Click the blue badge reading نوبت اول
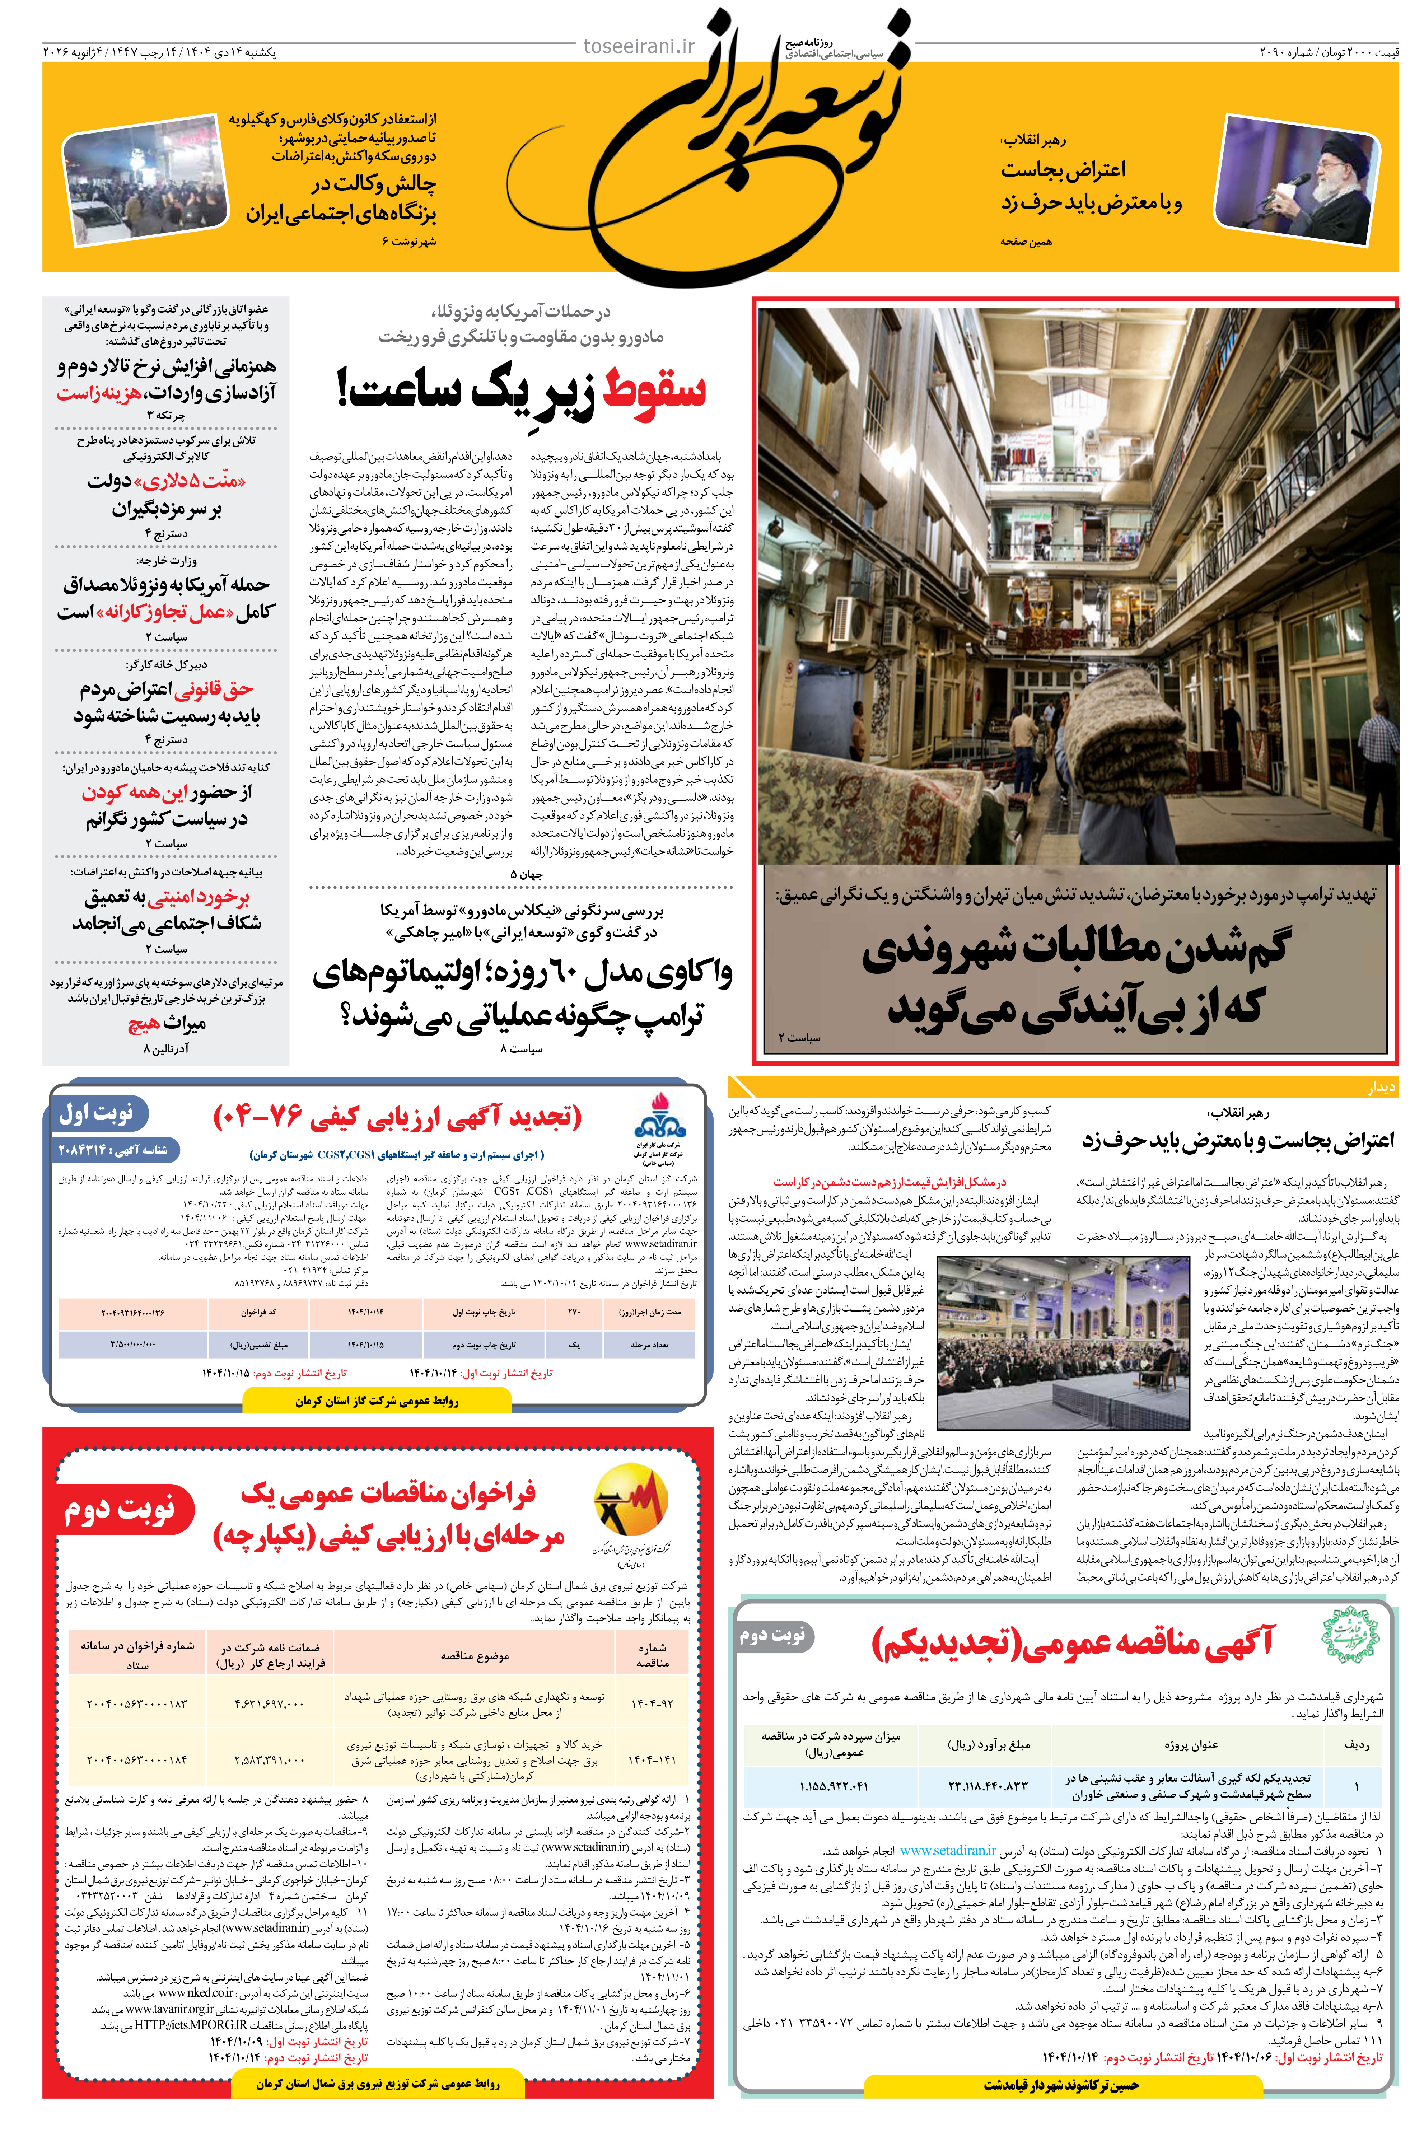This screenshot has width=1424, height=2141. pyautogui.click(x=97, y=1113)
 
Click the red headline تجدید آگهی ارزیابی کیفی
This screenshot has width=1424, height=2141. pyautogui.click(x=397, y=1117)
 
